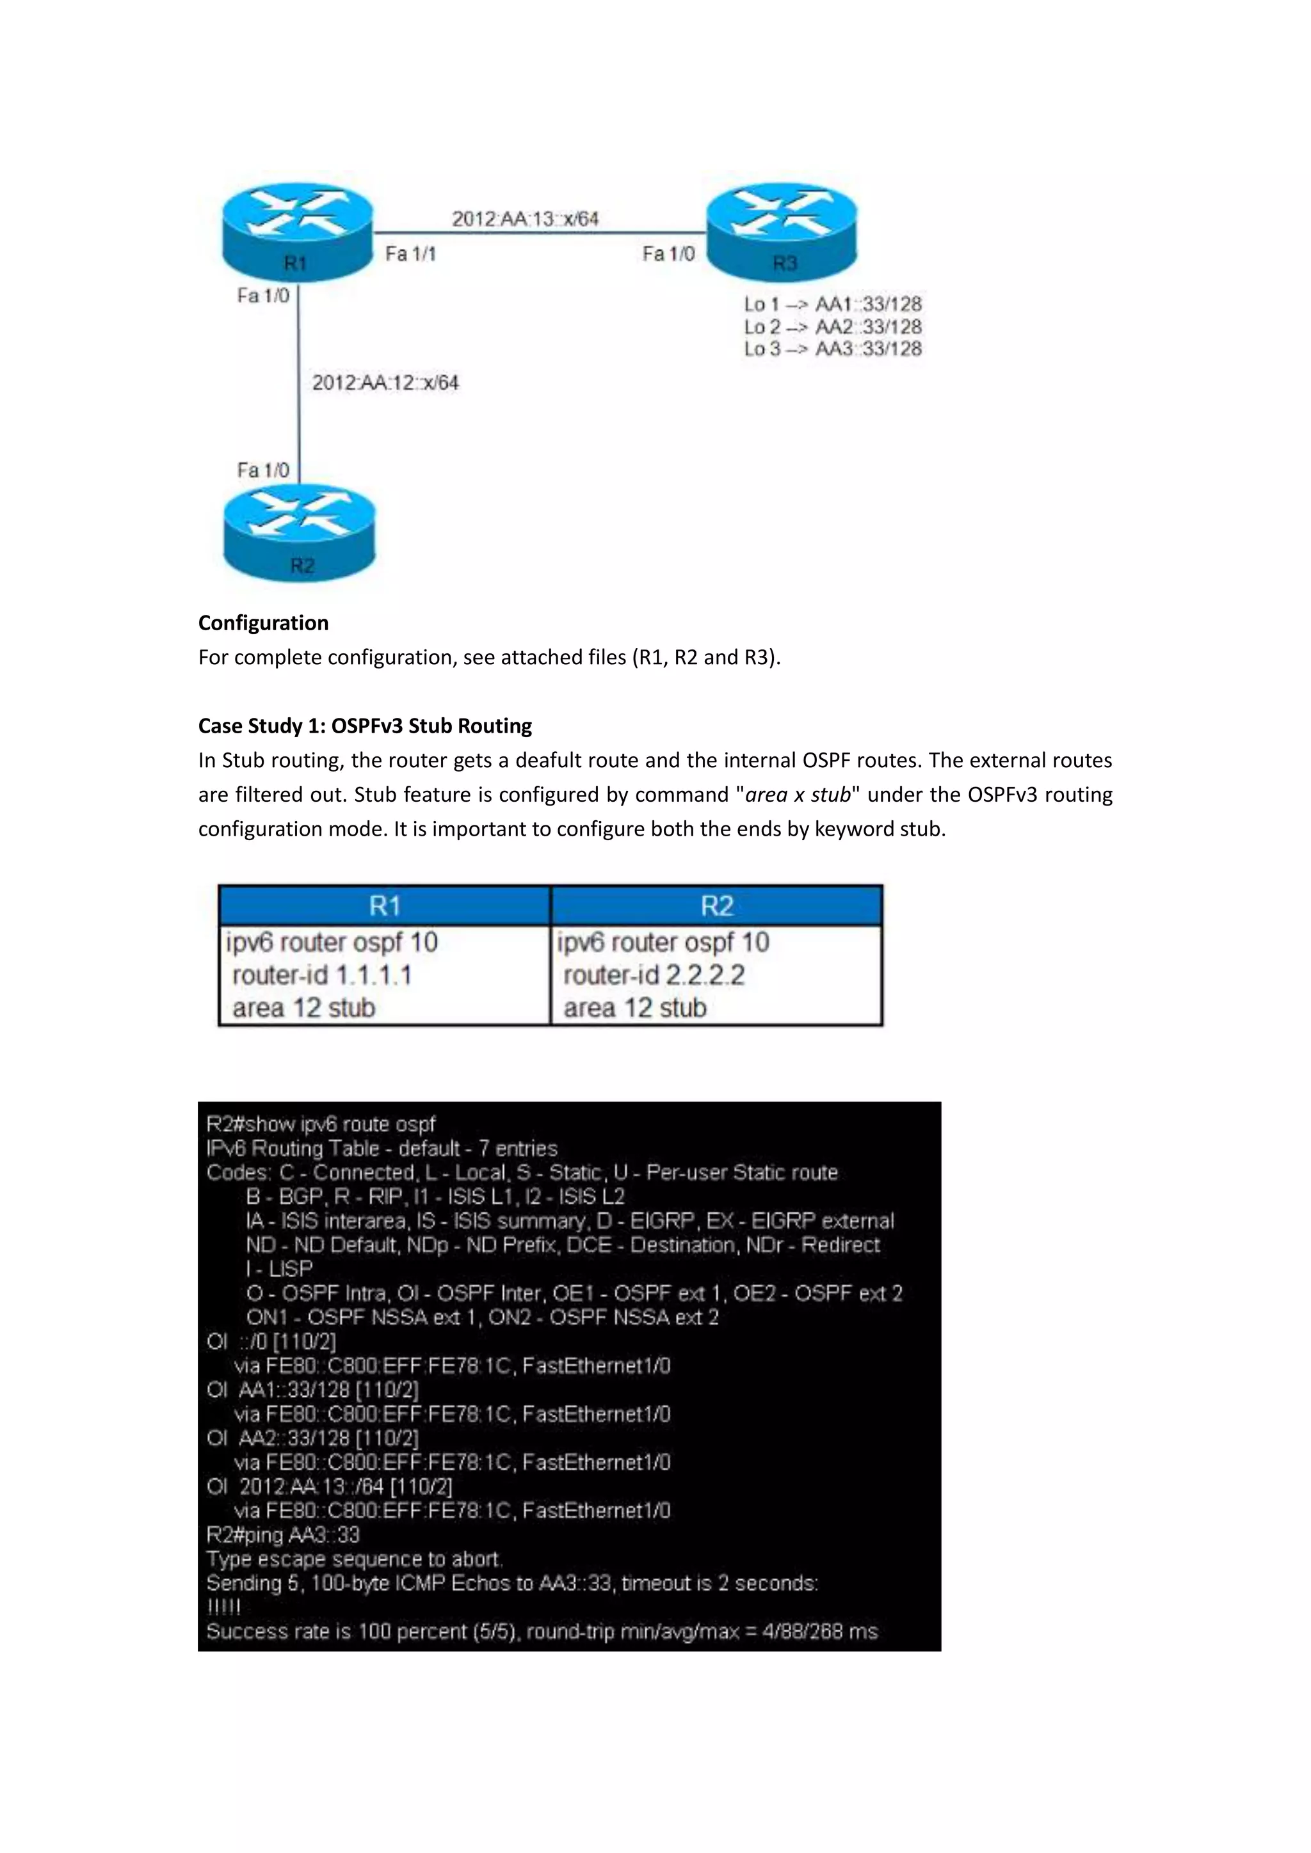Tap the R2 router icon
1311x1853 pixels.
[300, 532]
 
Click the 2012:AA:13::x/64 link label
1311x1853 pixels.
[525, 219]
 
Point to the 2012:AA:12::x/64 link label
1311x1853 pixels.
[385, 383]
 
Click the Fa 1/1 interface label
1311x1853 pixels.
[410, 254]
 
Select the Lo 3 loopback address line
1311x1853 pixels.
[832, 349]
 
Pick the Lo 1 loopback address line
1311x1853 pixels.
[832, 305]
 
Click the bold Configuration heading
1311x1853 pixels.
[263, 623]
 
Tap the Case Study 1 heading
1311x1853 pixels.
[365, 726]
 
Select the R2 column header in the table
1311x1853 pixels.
[717, 905]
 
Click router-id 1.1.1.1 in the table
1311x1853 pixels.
[322, 975]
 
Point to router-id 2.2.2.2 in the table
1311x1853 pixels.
[654, 975]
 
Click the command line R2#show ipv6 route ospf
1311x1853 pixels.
[321, 1124]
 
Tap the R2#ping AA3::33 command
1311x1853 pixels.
[282, 1535]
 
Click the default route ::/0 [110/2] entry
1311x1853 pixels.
[272, 1341]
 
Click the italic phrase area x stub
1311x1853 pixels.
[798, 795]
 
